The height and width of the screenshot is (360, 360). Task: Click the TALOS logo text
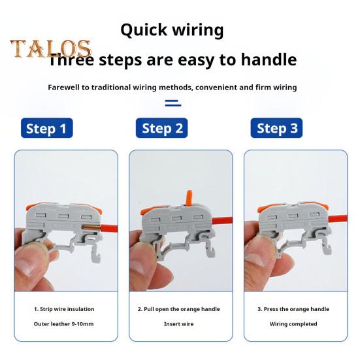pyautogui.click(x=50, y=50)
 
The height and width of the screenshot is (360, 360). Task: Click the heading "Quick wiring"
pyautogui.click(x=172, y=30)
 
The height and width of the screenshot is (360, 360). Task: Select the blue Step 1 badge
pyautogui.click(x=46, y=128)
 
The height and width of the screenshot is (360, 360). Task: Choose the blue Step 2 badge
pyautogui.click(x=162, y=128)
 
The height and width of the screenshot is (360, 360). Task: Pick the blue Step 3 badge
pyautogui.click(x=277, y=128)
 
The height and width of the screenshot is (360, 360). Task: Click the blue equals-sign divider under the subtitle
pyautogui.click(x=172, y=103)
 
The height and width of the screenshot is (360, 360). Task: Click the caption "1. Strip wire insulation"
pyautogui.click(x=64, y=309)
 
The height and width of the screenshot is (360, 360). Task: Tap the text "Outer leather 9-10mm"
pyautogui.click(x=64, y=324)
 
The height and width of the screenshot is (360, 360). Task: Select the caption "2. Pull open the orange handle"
pyautogui.click(x=178, y=309)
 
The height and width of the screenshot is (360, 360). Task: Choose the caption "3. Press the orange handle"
pyautogui.click(x=293, y=309)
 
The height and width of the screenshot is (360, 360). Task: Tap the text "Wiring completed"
pyautogui.click(x=293, y=324)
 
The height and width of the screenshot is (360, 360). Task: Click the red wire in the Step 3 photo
pyautogui.click(x=330, y=217)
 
